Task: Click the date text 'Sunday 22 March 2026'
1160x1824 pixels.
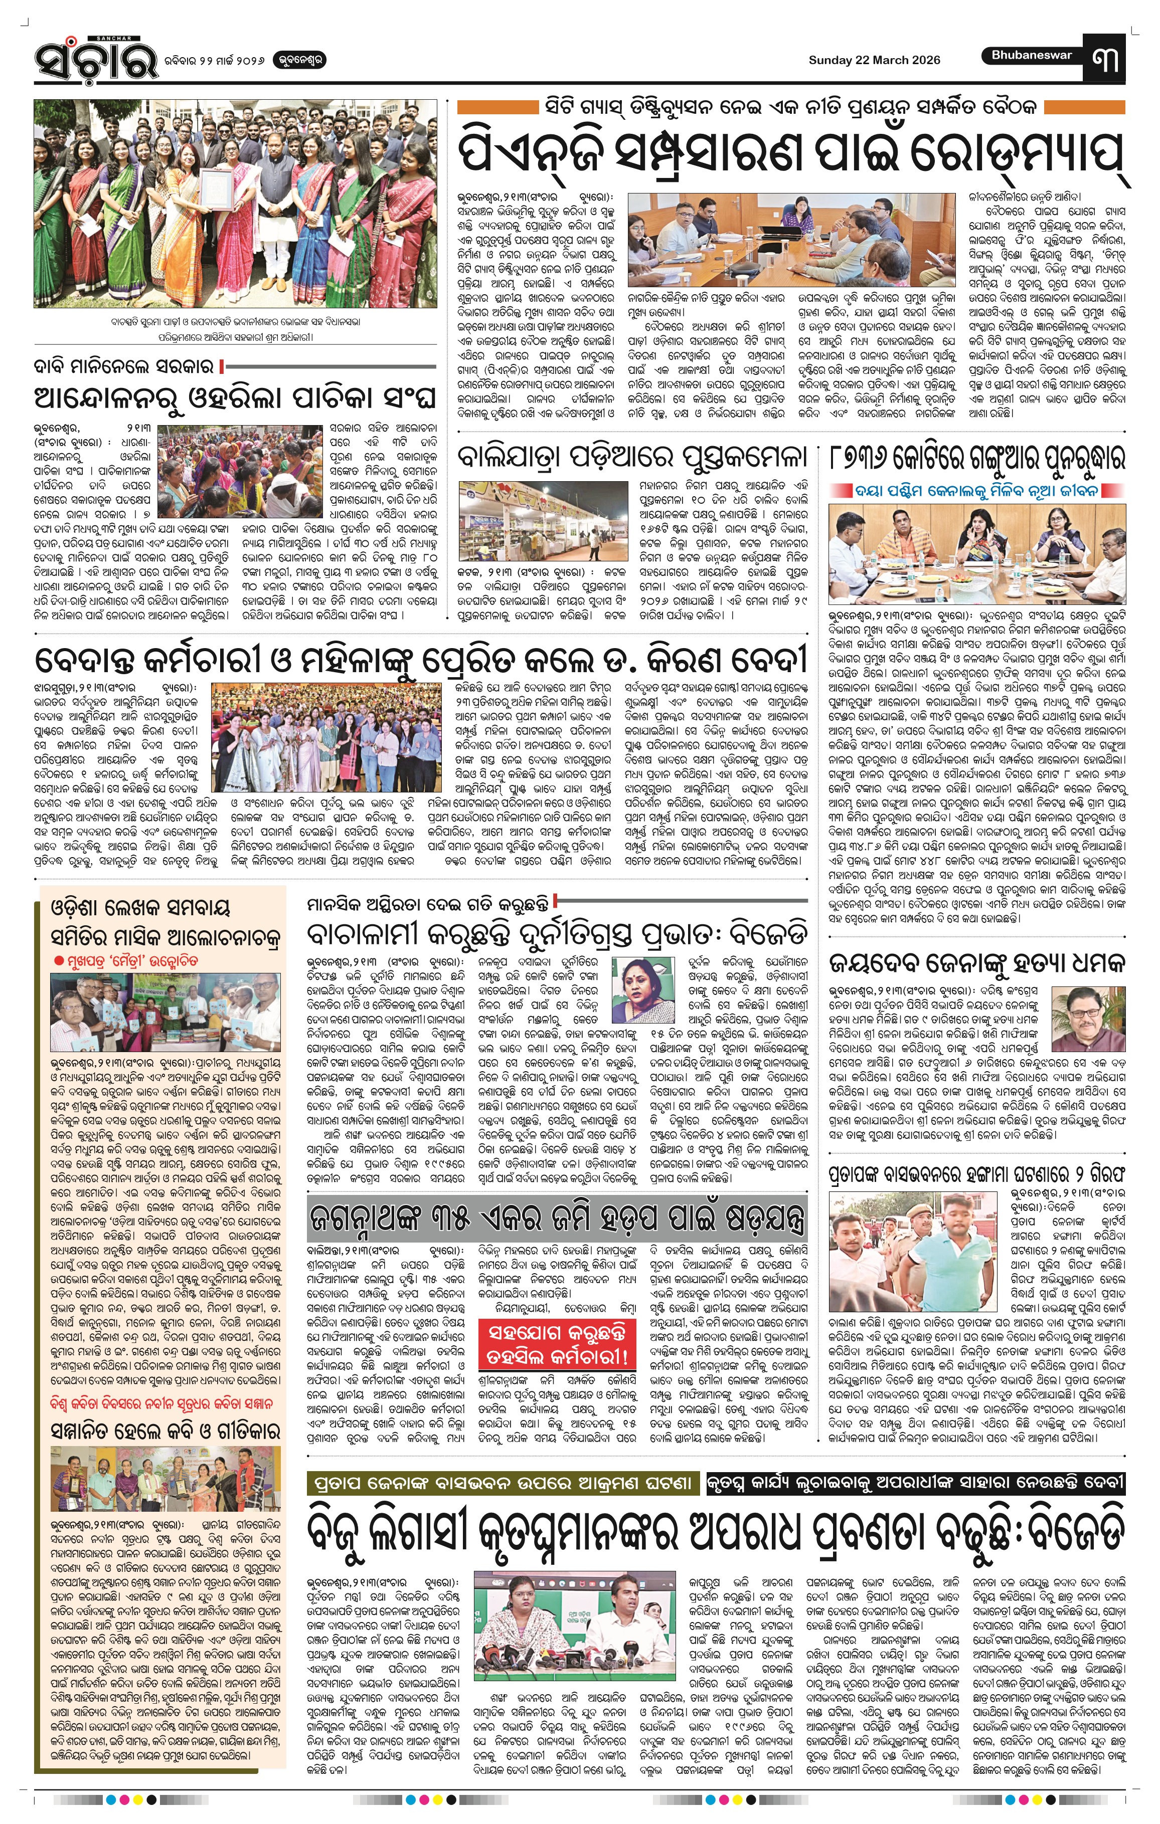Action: coord(874,60)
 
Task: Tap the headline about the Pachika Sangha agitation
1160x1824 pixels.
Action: coord(235,398)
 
